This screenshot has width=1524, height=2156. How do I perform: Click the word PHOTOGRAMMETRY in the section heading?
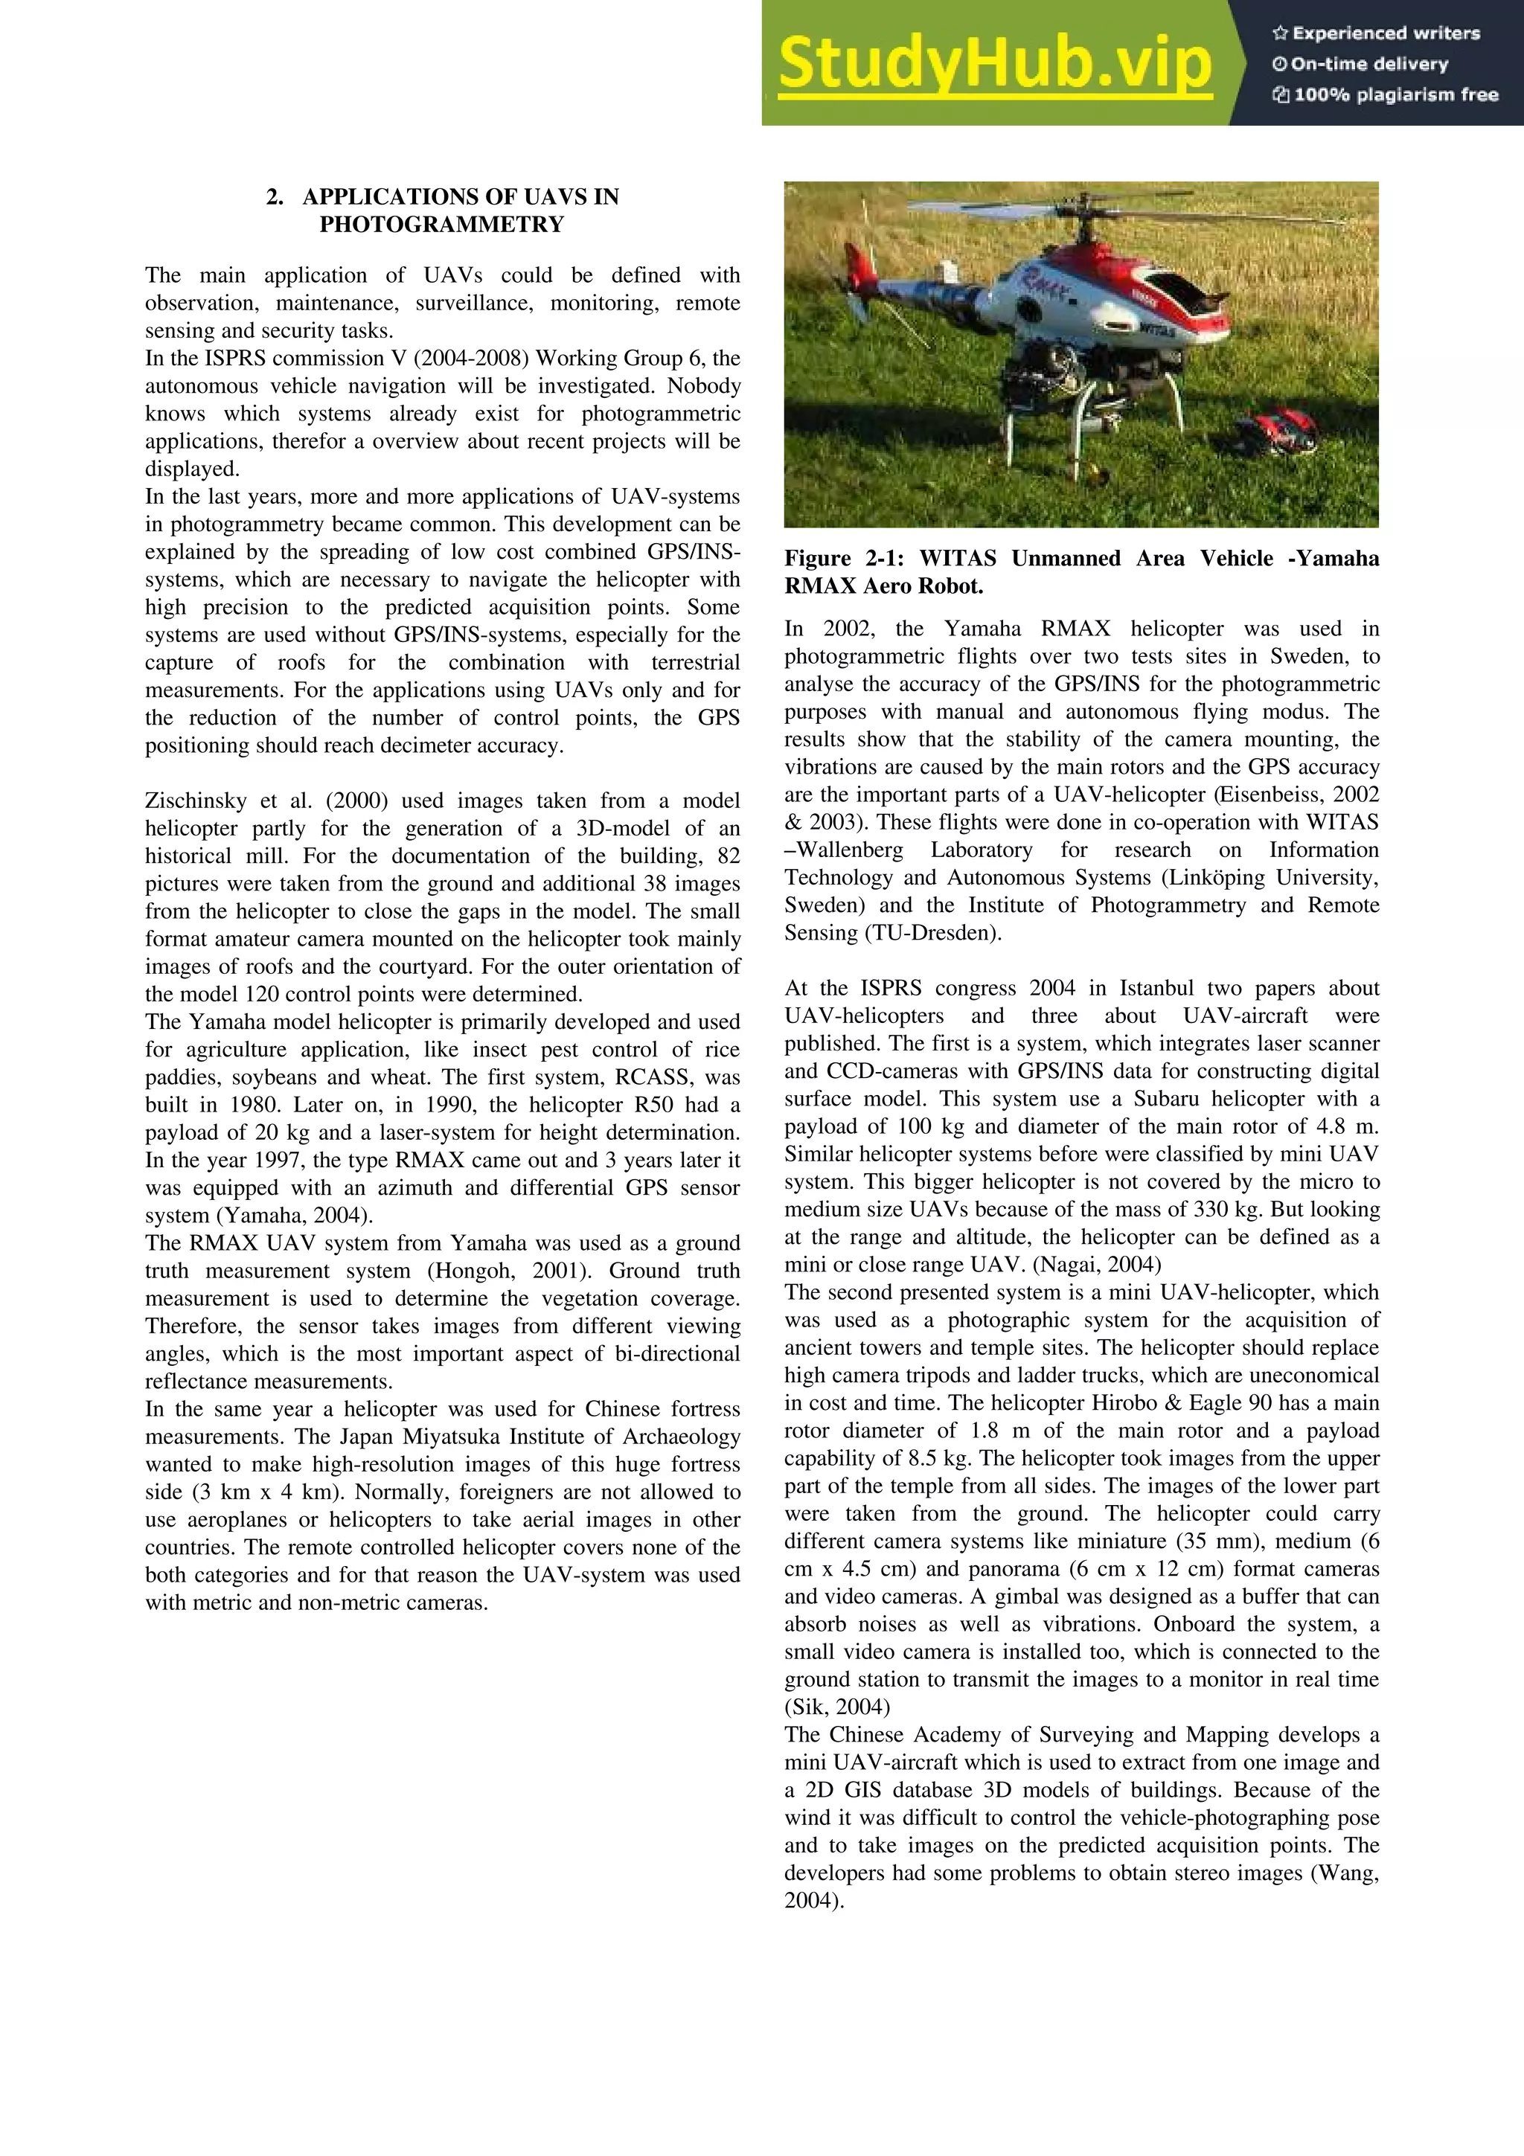click(x=441, y=225)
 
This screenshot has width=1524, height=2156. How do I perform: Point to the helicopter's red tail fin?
click(x=857, y=269)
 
